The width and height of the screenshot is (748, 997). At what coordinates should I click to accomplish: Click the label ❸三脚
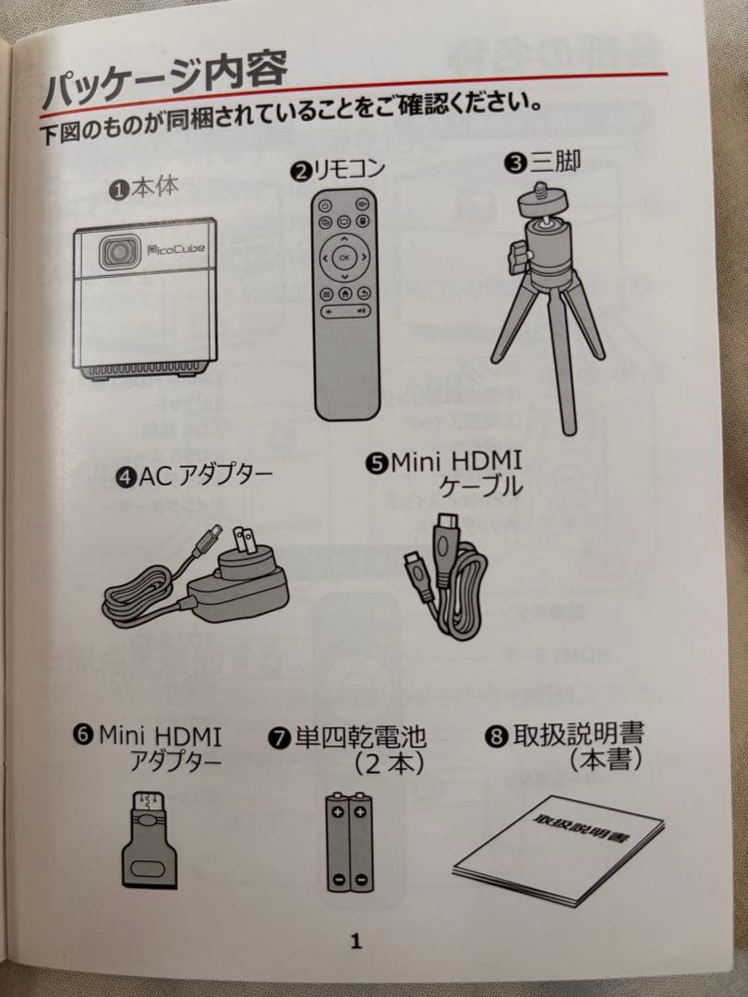pyautogui.click(x=543, y=163)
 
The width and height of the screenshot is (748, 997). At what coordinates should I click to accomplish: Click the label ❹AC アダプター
pyautogui.click(x=195, y=477)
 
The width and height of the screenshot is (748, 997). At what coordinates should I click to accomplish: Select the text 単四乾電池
pyautogui.click(x=360, y=739)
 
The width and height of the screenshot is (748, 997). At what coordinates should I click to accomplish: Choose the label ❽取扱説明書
pyautogui.click(x=565, y=735)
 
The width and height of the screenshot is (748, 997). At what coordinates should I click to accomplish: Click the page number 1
pyautogui.click(x=356, y=942)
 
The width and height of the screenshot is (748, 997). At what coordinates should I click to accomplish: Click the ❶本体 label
pyautogui.click(x=145, y=189)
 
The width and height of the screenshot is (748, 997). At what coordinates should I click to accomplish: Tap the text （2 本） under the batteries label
pyautogui.click(x=388, y=763)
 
